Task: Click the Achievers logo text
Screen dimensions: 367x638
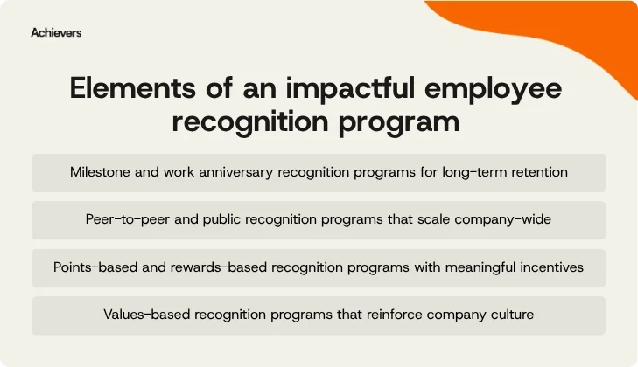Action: point(56,32)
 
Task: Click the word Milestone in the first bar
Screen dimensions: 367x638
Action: point(102,172)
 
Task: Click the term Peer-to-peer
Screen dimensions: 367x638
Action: point(128,219)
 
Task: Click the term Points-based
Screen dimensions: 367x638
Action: point(93,267)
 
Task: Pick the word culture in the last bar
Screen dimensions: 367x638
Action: point(509,314)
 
